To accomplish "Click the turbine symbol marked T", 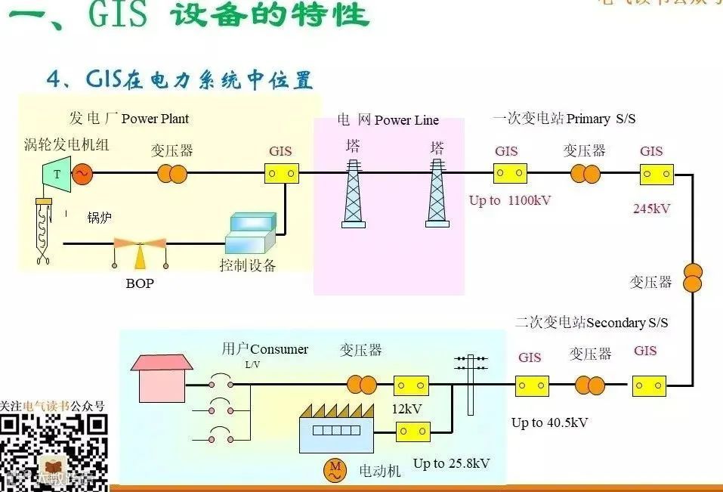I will [x=56, y=174].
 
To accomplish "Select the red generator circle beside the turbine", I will [x=81, y=174].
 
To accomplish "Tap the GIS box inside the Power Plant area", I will [x=280, y=174].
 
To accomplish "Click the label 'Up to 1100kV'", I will [x=510, y=200].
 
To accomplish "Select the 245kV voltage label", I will [x=651, y=209].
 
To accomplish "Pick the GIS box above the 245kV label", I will [x=657, y=175].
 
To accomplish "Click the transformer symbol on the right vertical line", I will [x=694, y=277].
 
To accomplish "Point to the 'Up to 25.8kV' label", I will [x=451, y=463].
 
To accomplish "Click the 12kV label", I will [x=406, y=409].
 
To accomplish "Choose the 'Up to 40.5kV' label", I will [x=549, y=422].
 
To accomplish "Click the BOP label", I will [x=141, y=284].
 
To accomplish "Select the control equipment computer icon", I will [x=251, y=233].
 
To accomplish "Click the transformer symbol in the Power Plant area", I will [x=172, y=174].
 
